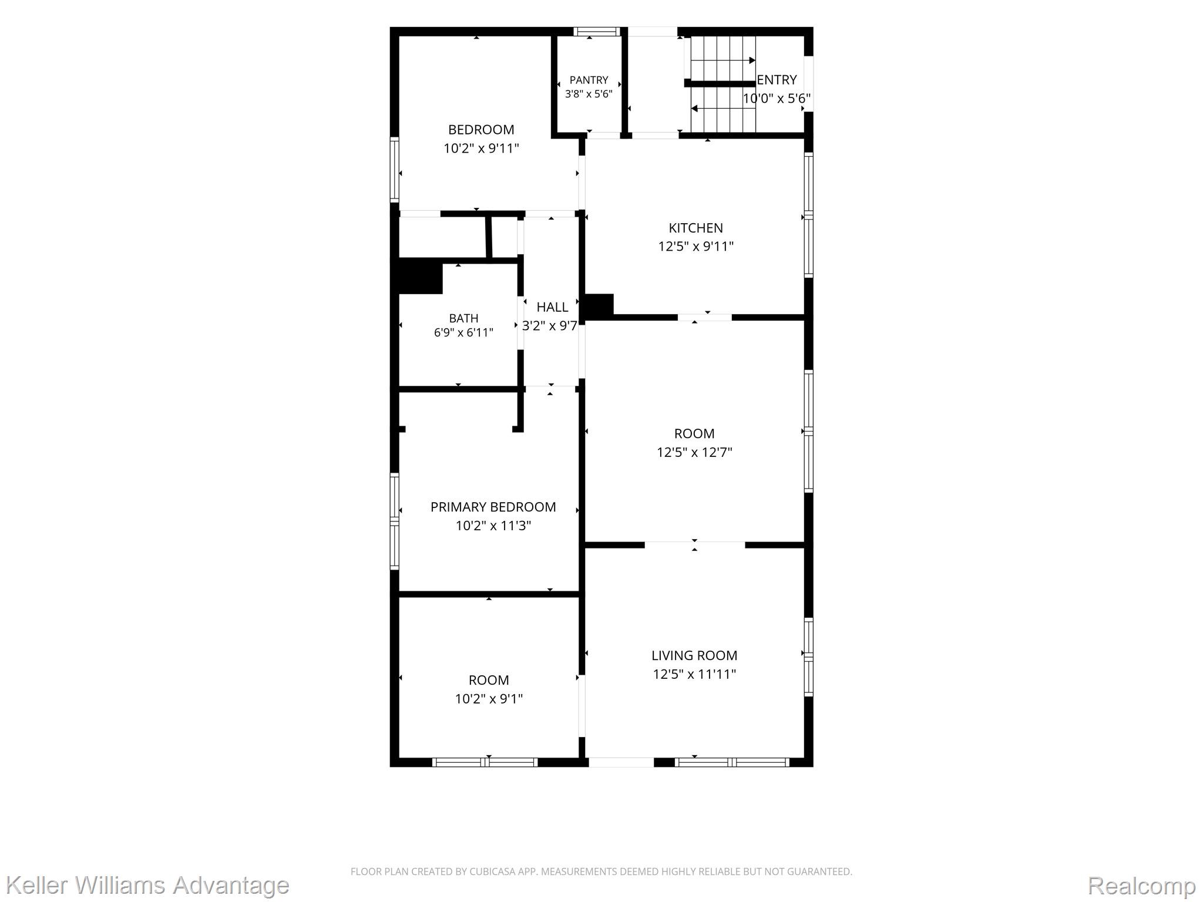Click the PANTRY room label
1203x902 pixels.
589,80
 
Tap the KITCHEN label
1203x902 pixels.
695,228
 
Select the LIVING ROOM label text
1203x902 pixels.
694,655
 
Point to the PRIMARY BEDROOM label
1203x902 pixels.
493,507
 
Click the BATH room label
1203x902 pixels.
463,318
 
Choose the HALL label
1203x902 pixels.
552,307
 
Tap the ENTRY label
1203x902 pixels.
777,80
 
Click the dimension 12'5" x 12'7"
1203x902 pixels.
694,452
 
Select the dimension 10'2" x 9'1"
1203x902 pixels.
489,699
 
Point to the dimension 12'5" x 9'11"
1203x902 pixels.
695,246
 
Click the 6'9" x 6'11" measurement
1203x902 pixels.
463,333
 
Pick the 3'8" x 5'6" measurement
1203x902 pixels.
589,94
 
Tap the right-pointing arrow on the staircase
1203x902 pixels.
723,60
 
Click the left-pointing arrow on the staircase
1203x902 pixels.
723,109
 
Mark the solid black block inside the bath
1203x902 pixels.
420,276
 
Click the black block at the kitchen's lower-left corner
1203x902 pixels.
599,306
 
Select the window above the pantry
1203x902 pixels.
596,32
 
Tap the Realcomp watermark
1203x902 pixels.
1141,886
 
